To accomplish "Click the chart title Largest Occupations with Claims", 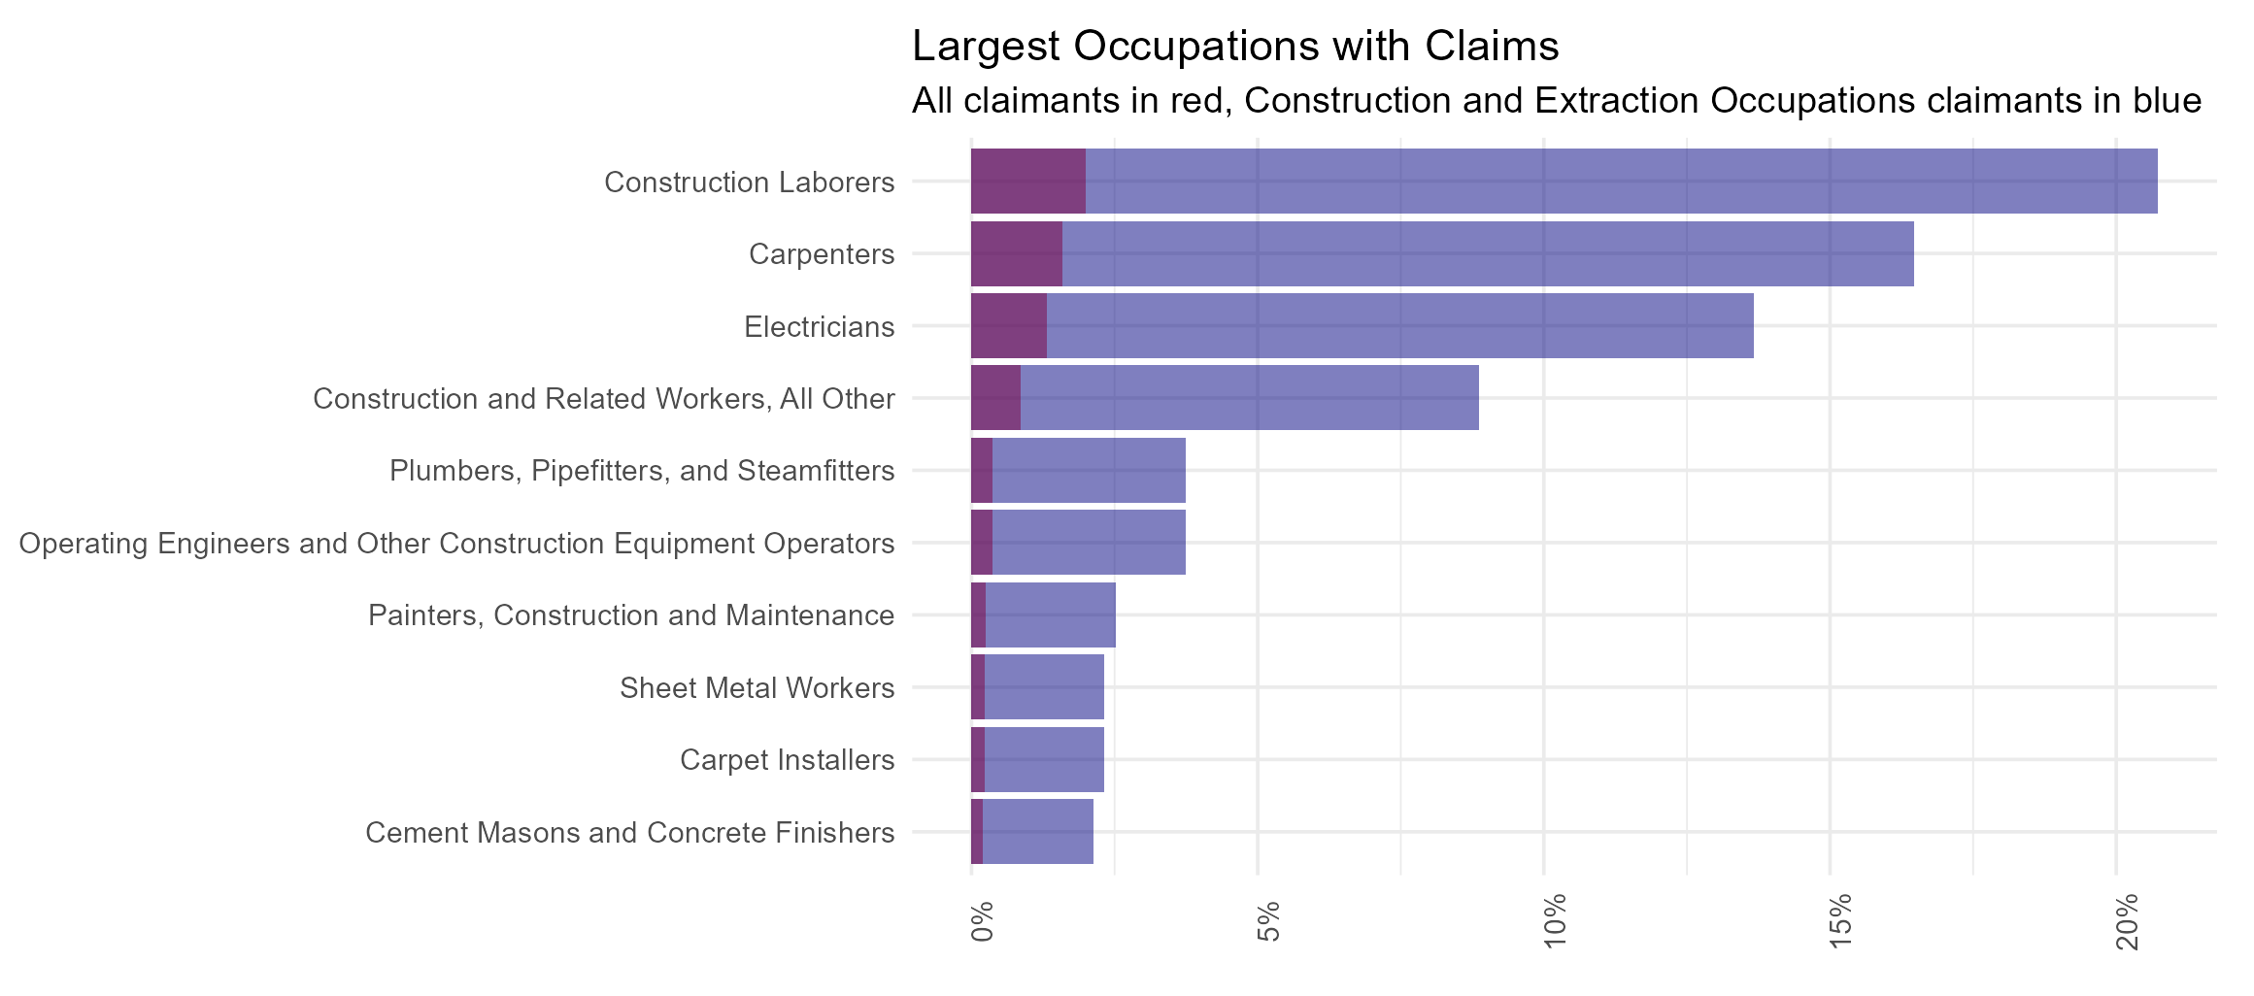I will [x=1235, y=46].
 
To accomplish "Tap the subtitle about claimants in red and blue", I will [x=1556, y=101].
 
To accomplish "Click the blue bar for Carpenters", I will [x=1486, y=253].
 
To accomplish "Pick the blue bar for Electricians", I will [x=1398, y=326].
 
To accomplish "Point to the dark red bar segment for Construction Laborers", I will [x=1027, y=182].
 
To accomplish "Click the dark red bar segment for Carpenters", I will [x=1016, y=253].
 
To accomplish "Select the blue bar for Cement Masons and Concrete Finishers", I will [x=1037, y=832].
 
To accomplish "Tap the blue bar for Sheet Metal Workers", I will [x=1044, y=687].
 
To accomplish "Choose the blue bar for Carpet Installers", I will [x=1044, y=759].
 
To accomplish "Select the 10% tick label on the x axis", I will [x=1555, y=920].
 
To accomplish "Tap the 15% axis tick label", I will [x=1841, y=920].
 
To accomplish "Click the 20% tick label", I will [x=2128, y=920].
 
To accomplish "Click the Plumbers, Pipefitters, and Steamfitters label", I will [x=642, y=471].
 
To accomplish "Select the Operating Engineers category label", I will [x=456, y=544].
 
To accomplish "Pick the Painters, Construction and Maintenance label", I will [x=631, y=615].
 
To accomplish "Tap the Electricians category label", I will [x=819, y=327].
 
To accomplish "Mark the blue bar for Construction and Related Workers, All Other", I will [x=1249, y=398].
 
